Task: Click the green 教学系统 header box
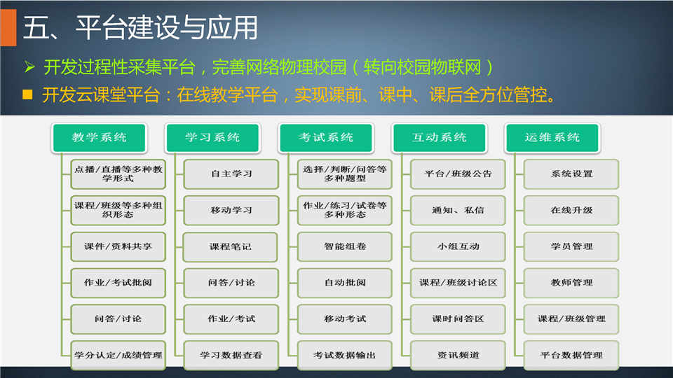point(99,138)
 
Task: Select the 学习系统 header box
point(212,138)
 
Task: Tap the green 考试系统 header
point(326,138)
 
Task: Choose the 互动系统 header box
point(439,138)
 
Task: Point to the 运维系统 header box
point(552,138)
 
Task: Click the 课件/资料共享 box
point(118,246)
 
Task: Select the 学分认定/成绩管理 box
point(118,356)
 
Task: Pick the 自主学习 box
point(231,174)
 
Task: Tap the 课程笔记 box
point(231,247)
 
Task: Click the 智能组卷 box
point(345,246)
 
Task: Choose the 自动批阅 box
point(345,283)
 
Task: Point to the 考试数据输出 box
point(345,356)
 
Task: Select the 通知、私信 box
point(458,211)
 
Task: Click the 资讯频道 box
point(458,356)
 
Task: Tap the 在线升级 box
point(571,211)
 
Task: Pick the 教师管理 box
point(571,283)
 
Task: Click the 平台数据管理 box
point(571,356)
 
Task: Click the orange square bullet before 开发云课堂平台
point(27,94)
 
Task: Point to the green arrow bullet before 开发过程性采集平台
point(29,67)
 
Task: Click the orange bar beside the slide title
point(8,27)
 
